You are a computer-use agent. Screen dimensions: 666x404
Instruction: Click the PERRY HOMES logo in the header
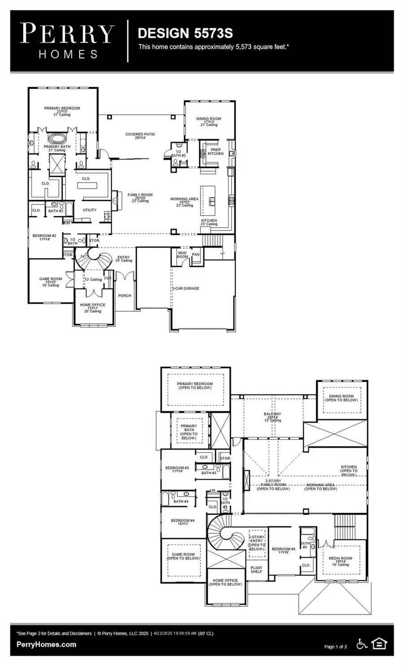coord(68,41)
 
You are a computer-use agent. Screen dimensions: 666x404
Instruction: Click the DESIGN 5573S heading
coord(185,33)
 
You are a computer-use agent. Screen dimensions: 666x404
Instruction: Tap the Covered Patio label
coord(140,136)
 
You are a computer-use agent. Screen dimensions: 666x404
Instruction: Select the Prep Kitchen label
coord(215,152)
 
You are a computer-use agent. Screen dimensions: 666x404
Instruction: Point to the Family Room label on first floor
coord(140,197)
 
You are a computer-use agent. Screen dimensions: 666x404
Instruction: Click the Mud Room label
coord(182,255)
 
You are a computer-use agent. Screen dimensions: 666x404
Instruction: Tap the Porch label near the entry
coord(124,296)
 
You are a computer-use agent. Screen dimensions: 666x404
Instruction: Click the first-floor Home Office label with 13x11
coord(92,307)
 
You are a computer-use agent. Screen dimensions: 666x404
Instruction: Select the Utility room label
coord(90,210)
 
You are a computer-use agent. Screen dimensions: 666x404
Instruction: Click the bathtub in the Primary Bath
coord(57,138)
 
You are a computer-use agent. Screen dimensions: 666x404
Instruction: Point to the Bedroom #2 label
coord(44,237)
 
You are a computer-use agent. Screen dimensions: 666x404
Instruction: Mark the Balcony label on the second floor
coord(272,416)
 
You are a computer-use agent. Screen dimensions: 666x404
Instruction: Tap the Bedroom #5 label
coord(284,551)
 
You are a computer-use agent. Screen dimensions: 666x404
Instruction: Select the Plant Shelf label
coord(256,569)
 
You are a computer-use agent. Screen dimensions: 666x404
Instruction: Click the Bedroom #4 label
coord(183,522)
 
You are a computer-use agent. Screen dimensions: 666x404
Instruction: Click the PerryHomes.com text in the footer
coord(46,644)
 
